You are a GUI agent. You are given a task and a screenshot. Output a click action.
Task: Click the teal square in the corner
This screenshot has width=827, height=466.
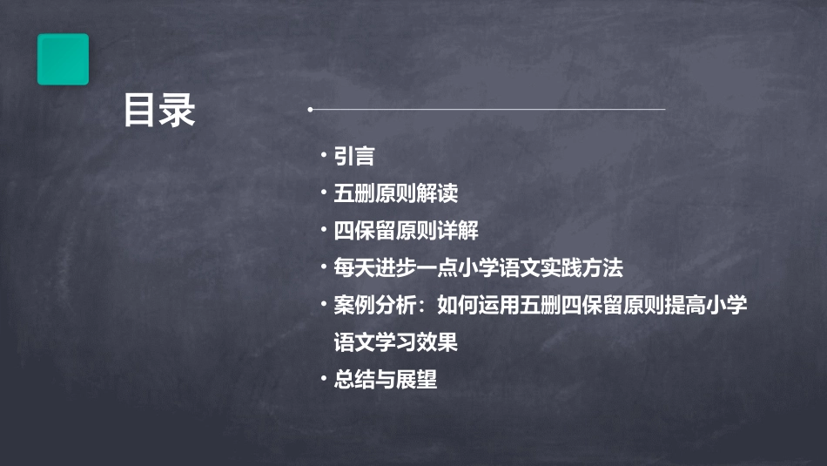click(63, 59)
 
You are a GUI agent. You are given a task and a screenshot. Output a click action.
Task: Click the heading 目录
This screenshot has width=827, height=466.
click(159, 111)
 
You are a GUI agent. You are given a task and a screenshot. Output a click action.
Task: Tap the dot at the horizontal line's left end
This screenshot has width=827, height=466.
click(310, 110)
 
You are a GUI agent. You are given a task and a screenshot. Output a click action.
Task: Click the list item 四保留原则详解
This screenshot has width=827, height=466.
click(407, 231)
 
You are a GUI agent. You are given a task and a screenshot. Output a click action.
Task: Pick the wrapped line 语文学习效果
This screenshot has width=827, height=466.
click(396, 342)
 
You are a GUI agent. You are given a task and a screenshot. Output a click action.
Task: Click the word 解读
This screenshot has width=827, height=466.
click(438, 193)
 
